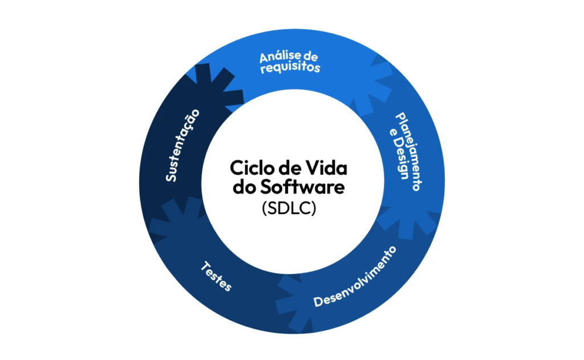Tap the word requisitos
tap(290, 68)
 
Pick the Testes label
tap(217, 276)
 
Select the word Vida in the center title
tap(328, 169)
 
